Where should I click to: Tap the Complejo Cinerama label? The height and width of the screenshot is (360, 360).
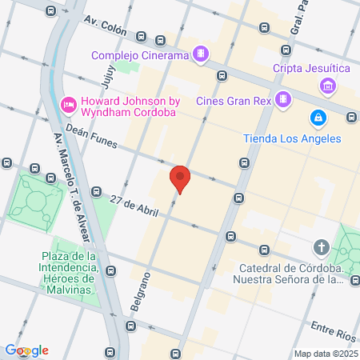140,55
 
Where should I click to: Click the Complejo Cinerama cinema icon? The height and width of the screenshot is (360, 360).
202,55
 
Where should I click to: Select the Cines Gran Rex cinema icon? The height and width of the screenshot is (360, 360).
282,99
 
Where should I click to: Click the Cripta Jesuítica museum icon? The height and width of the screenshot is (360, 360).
326,86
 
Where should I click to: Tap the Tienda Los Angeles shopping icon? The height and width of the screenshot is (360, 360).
318,118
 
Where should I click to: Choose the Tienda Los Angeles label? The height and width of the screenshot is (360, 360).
292,138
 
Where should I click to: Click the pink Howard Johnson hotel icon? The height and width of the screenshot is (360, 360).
69,103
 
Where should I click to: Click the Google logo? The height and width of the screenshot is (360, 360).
26,350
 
